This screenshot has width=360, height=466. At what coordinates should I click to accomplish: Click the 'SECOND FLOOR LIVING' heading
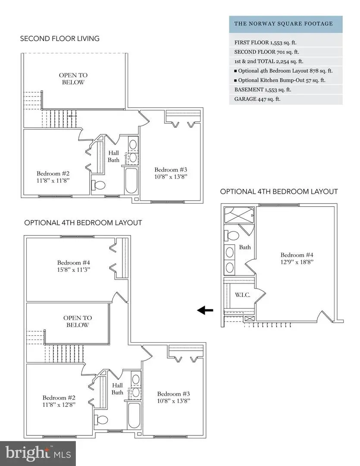tap(59, 39)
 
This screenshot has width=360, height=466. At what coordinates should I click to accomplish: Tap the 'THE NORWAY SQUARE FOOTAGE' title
tap(283, 24)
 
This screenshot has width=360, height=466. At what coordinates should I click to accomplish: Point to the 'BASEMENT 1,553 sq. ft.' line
tap(263, 90)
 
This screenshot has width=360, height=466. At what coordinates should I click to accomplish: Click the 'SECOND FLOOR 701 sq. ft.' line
tap(268, 52)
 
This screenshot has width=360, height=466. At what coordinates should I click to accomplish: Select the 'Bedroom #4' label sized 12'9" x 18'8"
tap(295, 258)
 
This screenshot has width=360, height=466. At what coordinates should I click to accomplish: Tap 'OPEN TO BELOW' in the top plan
tap(72, 79)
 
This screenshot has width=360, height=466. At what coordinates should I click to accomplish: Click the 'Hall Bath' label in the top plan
tap(113, 156)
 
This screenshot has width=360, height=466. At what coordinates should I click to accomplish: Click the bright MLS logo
tap(38, 453)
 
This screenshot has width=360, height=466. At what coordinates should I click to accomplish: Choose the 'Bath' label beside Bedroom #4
tap(245, 248)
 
